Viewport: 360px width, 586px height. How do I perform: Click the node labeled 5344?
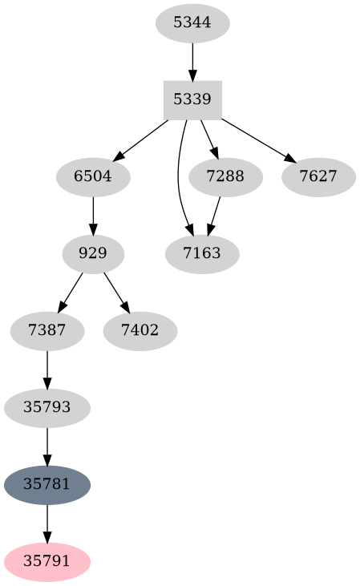pyautogui.click(x=192, y=22)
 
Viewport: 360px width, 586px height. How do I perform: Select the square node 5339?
pyautogui.click(x=192, y=100)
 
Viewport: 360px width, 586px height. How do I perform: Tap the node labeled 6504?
pyautogui.click(x=93, y=176)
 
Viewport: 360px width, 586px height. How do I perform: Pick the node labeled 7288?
pyautogui.click(x=225, y=176)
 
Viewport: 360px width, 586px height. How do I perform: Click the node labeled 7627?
pyautogui.click(x=318, y=176)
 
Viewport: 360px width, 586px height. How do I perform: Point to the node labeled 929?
pyautogui.click(x=93, y=254)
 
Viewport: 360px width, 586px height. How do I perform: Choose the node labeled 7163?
pyautogui.click(x=202, y=254)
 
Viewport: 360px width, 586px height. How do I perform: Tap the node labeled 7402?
pyautogui.click(x=140, y=329)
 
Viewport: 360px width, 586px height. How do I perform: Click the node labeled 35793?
pyautogui.click(x=47, y=407)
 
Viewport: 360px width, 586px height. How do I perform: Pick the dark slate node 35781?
pyautogui.click(x=47, y=484)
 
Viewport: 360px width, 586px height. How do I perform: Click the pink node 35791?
pyautogui.click(x=47, y=562)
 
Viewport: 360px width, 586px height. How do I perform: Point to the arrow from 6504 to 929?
pyautogui.click(x=93, y=215)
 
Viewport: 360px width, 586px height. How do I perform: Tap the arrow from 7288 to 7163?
pyautogui.click(x=214, y=215)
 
